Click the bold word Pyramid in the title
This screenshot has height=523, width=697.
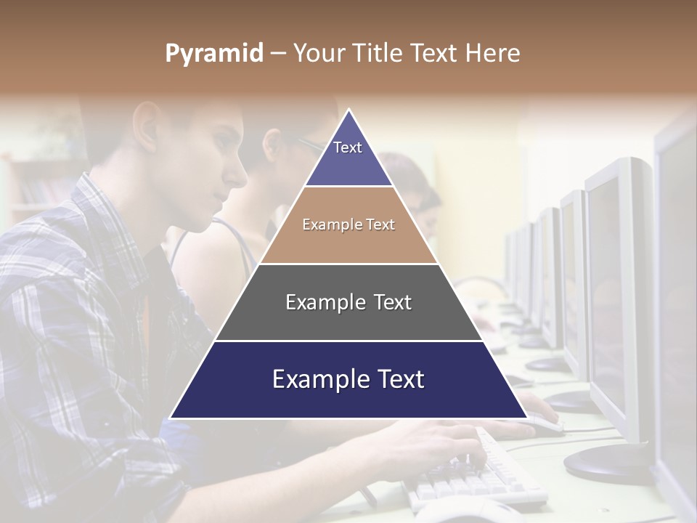pos(213,54)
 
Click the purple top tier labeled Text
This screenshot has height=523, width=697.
pos(348,156)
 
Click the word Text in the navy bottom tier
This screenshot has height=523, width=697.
pos(398,379)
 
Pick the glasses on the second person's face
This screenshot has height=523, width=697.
pos(309,145)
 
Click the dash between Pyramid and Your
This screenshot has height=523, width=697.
pos(278,54)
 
